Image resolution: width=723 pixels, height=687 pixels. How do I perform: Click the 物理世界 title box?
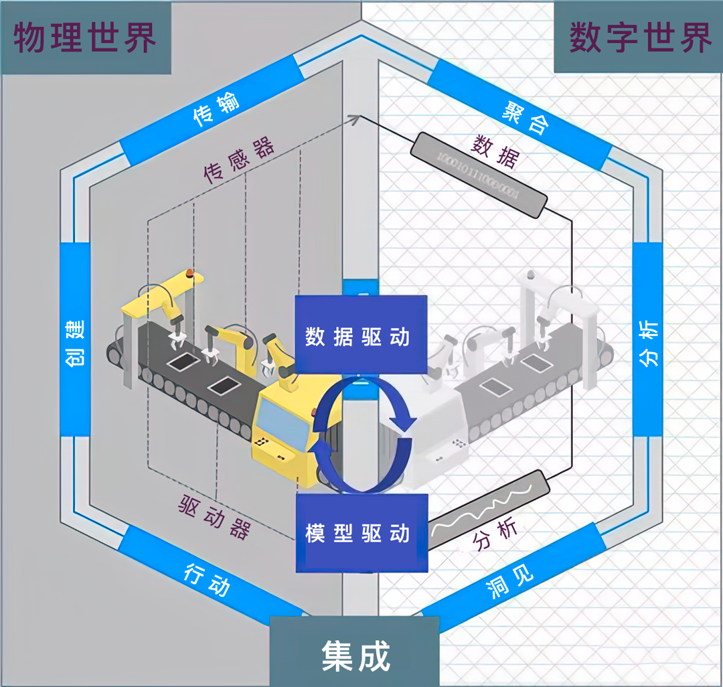[x=86, y=37]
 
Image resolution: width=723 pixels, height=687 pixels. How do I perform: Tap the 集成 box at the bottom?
[x=355, y=653]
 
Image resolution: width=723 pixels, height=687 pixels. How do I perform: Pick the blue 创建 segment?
[x=75, y=339]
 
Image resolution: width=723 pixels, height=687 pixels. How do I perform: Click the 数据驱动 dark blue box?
[x=360, y=334]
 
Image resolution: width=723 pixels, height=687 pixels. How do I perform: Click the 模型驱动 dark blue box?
[x=360, y=533]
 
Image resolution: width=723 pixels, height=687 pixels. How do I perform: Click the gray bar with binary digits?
[x=479, y=174]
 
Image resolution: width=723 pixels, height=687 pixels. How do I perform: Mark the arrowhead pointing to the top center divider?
[x=355, y=119]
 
